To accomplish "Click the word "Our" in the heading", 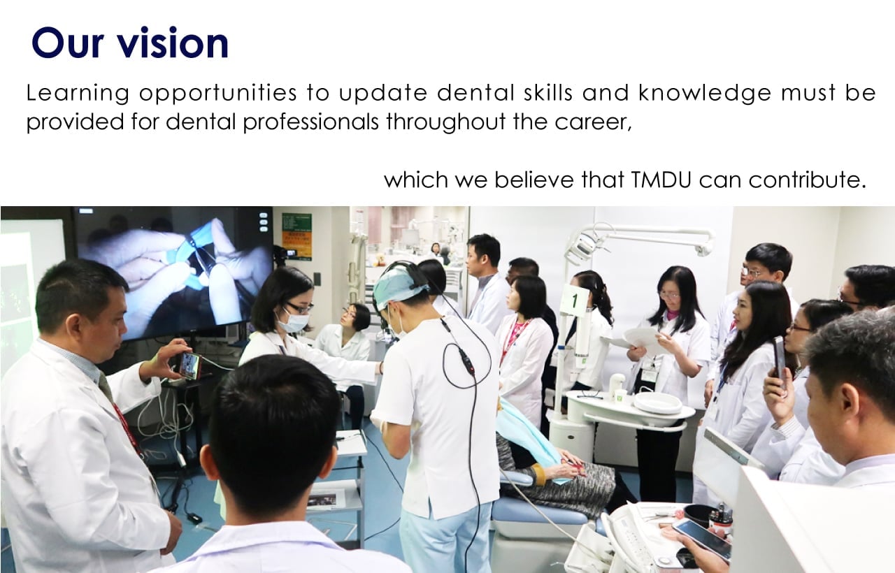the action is point(68,43).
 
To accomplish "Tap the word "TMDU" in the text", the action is point(661,180).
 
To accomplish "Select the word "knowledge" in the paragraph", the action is point(705,94).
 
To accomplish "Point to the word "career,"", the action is point(594,122).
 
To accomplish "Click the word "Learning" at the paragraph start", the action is point(78,94).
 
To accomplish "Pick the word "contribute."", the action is point(807,180).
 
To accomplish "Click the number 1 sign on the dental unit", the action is point(575,300).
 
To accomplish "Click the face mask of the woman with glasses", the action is point(293,322).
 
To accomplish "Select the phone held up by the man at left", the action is point(189,365).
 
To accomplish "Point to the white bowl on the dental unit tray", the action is point(658,402).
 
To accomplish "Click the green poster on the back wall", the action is point(296,237).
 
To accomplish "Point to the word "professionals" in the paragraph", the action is point(310,122).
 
